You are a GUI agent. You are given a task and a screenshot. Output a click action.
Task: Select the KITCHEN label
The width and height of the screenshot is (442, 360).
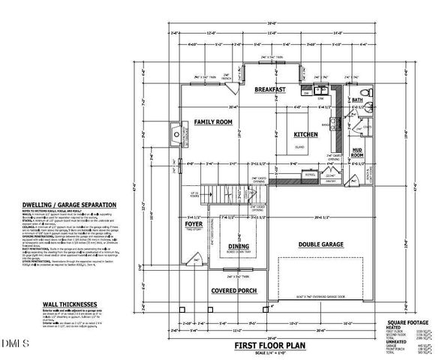click(305, 133)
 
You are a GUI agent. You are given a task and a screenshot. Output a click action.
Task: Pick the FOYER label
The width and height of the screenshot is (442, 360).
click(194, 224)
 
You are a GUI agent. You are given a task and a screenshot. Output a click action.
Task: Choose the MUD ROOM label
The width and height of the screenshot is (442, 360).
click(357, 152)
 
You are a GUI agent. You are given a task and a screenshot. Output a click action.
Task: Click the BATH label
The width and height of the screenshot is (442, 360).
click(357, 100)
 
